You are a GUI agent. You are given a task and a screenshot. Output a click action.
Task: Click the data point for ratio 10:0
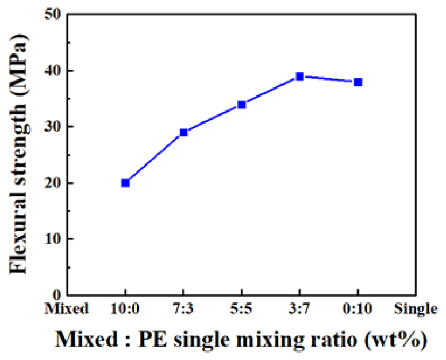[x=125, y=183]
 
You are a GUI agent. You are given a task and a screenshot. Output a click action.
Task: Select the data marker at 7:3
[x=184, y=132]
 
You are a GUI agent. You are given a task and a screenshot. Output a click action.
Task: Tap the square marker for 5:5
[x=242, y=104]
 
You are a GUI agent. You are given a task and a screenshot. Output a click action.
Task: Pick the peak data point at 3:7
[x=300, y=76]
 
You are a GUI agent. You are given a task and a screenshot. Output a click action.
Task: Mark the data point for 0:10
[x=358, y=82]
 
